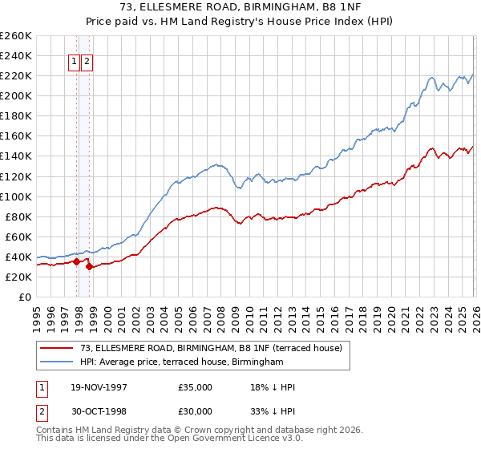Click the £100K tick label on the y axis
[x=16, y=196]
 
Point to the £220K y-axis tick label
[x=16, y=75]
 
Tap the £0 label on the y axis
[x=24, y=297]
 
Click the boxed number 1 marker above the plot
[x=74, y=61]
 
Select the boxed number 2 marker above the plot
[x=87, y=61]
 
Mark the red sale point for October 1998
[x=90, y=266]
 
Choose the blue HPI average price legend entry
[x=181, y=362]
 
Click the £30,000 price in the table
[x=196, y=411]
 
